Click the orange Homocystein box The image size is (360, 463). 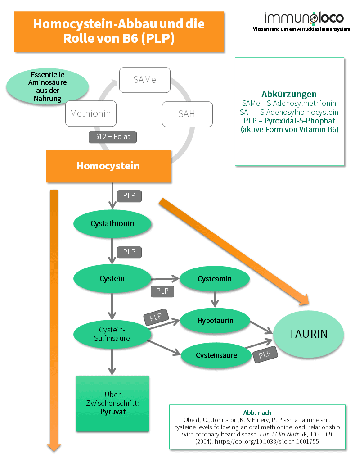(108, 166)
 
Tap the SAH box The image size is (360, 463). (186, 113)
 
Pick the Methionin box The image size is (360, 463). (90, 113)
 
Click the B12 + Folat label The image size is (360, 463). (112, 136)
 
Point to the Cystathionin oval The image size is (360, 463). (112, 223)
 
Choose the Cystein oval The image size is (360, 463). (112, 278)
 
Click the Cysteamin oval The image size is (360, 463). (214, 279)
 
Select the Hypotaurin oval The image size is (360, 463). (214, 321)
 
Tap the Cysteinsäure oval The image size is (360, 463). (216, 355)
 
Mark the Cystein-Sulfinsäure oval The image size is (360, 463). (112, 334)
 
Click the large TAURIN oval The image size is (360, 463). (308, 334)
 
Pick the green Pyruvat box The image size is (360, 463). (112, 403)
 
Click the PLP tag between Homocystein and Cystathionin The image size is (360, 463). (129, 196)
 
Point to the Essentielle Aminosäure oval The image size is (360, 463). (47, 86)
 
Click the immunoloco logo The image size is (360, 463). (304, 18)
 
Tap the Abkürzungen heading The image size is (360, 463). (289, 94)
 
